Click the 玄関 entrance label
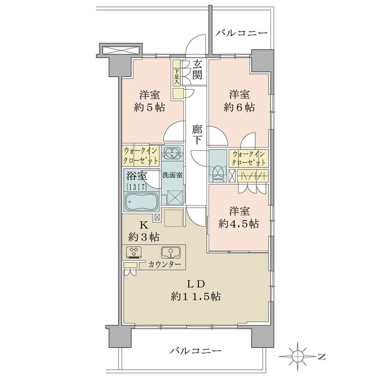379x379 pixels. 197,70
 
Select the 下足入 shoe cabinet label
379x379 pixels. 177,77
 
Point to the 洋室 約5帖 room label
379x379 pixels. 150,101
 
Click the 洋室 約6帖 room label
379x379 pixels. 239,101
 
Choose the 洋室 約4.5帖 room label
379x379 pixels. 239,217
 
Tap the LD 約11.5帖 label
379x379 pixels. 196,291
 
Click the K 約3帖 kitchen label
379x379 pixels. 143,231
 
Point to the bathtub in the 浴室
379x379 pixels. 141,202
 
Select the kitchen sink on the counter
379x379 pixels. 171,253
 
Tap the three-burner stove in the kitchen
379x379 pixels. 134,253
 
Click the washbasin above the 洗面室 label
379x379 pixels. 172,153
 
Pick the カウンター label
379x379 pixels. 164,265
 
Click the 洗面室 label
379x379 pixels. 172,175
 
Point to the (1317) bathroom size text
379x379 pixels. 136,186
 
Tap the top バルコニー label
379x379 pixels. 241,33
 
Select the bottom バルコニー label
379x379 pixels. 195,351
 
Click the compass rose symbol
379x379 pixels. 298,356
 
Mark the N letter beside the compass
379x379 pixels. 322,356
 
